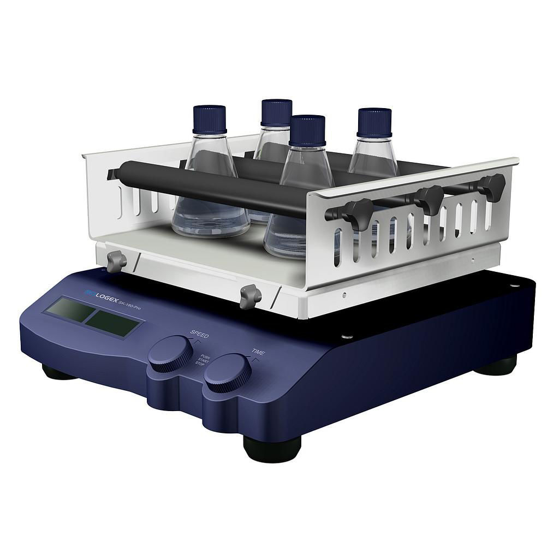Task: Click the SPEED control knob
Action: click(x=170, y=354)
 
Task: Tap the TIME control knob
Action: click(x=228, y=372)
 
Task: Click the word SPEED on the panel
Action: click(x=199, y=334)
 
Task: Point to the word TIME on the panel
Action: click(x=258, y=352)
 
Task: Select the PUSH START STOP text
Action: click(x=204, y=362)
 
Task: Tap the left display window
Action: click(x=70, y=310)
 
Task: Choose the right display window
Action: click(x=112, y=323)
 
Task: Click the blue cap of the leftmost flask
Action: click(x=210, y=119)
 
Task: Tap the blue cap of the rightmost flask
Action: click(x=374, y=122)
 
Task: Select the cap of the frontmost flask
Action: click(x=307, y=130)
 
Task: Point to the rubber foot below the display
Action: click(x=57, y=373)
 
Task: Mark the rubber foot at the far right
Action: click(x=497, y=365)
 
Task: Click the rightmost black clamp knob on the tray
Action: click(x=492, y=186)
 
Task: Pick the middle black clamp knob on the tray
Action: click(x=430, y=199)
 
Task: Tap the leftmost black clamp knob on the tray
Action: click(x=358, y=212)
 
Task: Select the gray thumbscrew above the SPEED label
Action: click(x=251, y=296)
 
